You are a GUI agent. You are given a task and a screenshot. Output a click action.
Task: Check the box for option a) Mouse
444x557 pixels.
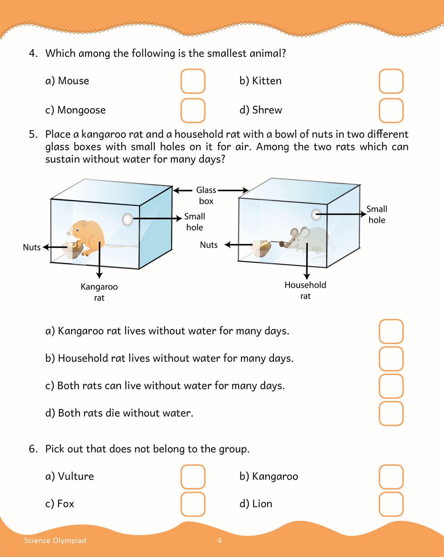193,81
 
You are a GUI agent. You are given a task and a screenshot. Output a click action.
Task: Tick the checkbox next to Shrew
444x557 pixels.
391,110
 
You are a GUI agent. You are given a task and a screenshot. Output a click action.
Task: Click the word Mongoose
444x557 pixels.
82,110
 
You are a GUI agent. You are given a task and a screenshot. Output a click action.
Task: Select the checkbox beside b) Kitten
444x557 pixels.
391,81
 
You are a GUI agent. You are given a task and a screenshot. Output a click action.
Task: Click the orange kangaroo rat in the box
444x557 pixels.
87,236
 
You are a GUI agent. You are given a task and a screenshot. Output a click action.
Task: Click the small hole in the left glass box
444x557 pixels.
128,219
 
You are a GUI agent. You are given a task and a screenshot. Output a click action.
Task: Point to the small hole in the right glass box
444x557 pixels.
316,215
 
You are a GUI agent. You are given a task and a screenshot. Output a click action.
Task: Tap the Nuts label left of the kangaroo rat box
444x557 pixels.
32,247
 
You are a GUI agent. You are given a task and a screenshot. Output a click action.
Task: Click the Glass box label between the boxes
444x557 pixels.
206,195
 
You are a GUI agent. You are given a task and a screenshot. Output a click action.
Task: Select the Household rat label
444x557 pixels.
305,290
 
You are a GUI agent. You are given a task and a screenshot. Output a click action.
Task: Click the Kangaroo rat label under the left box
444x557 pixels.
99,292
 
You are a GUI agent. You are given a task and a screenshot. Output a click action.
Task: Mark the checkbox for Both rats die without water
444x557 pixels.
391,413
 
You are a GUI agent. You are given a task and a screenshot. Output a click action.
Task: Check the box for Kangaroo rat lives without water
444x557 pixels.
391,331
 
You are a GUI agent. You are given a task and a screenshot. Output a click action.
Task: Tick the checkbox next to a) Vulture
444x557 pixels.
193,477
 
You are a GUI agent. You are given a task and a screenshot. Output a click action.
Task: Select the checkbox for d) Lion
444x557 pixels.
391,504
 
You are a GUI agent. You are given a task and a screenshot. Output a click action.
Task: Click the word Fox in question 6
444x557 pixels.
66,504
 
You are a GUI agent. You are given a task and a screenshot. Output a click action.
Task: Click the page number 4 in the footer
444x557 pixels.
220,540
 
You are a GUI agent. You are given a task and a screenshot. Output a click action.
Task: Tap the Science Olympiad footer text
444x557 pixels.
55,540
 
